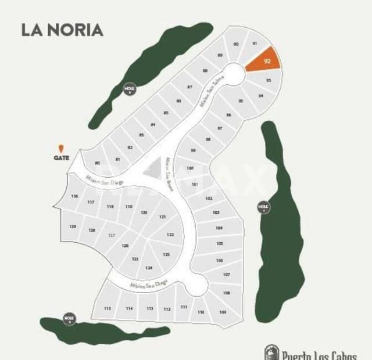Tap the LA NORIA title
62,30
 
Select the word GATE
62,157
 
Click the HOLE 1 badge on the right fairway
264,207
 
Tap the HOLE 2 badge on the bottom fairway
70,318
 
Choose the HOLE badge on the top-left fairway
129,89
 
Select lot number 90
236,44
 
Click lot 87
190,87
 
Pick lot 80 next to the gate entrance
97,163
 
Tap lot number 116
74,196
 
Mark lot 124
149,268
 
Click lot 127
112,235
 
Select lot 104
219,228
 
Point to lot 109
222,312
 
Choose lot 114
129,308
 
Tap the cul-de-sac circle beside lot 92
234,74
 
